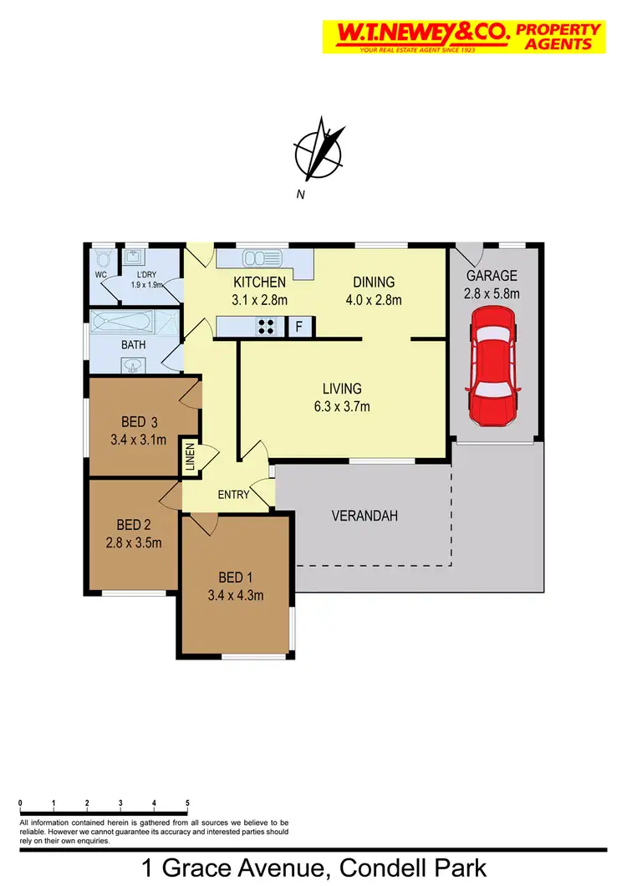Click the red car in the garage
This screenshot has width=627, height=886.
[x=495, y=365]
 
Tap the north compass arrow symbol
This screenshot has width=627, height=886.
[x=319, y=152]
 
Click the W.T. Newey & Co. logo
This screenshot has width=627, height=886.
[x=462, y=37]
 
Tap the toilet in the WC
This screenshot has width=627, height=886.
[x=103, y=258]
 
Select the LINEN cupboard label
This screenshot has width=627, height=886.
[x=190, y=457]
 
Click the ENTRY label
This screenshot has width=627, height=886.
[x=233, y=495]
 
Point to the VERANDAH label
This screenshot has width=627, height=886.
[x=364, y=516]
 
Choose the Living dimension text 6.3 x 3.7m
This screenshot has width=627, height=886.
[x=342, y=407]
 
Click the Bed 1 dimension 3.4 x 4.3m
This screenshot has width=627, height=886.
[x=235, y=596]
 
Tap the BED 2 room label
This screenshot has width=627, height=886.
[x=134, y=525]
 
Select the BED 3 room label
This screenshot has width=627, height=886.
[x=138, y=420]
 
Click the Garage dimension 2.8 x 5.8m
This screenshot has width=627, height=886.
[x=492, y=293]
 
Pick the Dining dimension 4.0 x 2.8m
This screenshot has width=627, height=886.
[x=374, y=300]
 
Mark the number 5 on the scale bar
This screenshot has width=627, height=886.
[x=187, y=803]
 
